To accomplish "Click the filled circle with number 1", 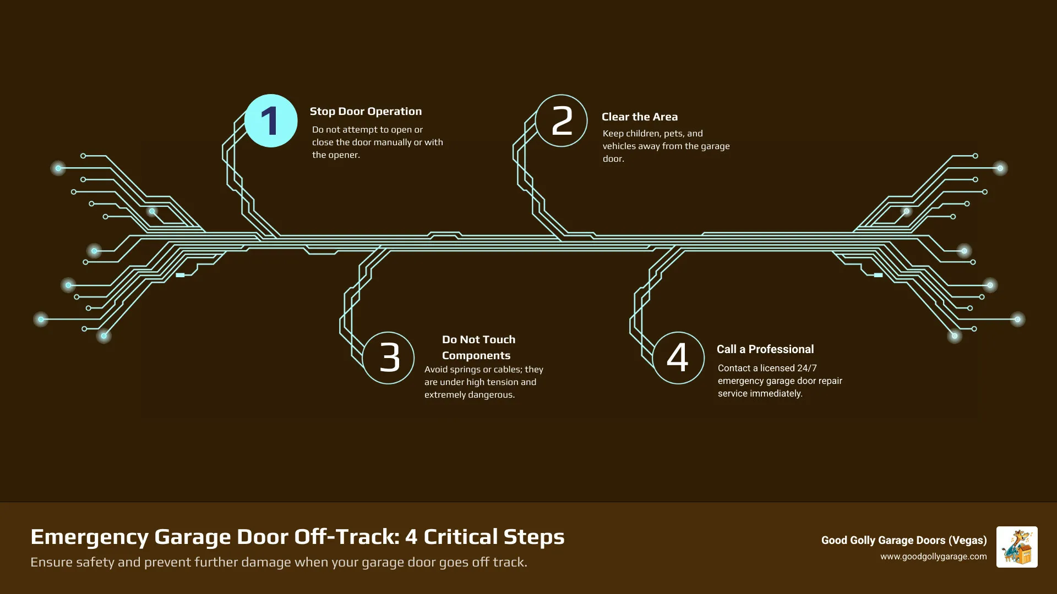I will (271, 121).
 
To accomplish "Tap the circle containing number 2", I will (562, 121).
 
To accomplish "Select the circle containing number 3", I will (389, 358).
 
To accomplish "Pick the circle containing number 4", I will (678, 358).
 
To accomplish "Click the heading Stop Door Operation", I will (366, 111).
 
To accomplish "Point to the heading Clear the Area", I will (639, 117).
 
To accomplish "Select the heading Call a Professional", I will (765, 349).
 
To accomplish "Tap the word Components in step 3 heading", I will (476, 355).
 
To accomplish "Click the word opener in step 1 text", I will (345, 155).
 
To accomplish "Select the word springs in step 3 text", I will (465, 370).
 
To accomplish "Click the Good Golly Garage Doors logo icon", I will (1016, 547).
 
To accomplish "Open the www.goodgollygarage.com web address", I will (933, 557).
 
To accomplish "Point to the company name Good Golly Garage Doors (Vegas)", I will (903, 540).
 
